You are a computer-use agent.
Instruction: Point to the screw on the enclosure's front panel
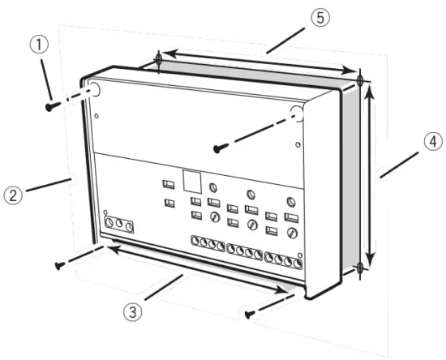pos(218,148)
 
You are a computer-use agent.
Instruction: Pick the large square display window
pos(191,179)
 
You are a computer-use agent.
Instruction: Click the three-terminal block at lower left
pos(118,223)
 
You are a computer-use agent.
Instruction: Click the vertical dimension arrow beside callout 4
pos(371,174)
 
